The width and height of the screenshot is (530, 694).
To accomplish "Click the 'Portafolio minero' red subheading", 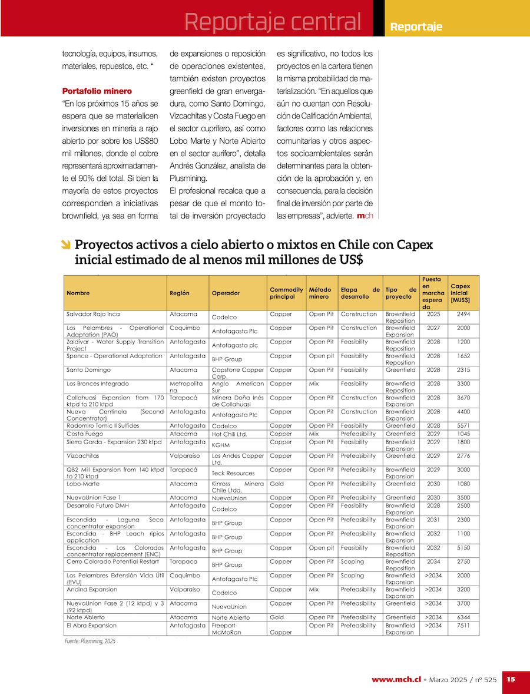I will [97, 91].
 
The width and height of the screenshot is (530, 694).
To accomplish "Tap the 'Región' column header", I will [179, 293].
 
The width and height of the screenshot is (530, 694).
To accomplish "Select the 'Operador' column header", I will [226, 293].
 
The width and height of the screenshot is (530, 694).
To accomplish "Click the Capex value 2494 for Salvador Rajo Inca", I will [463, 314].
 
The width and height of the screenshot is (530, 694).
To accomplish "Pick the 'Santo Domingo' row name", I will [88, 370].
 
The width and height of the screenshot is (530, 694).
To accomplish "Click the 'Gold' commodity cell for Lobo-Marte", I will [276, 484].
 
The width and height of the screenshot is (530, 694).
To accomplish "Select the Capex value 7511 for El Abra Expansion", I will [463, 626].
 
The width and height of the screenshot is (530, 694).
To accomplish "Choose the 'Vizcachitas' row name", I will [82, 456].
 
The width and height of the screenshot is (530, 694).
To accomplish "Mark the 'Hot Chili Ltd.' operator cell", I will [229, 434].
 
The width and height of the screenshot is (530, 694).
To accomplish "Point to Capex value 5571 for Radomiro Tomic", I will [463, 425].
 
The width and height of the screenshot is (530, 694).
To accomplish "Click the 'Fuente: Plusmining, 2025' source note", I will [90, 641].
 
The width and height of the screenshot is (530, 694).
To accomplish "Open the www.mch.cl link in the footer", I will [396, 679].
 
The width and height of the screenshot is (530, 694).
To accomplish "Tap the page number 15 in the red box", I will [511, 679].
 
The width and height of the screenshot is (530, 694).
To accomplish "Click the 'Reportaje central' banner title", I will [272, 22].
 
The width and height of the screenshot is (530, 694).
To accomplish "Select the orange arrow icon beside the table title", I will [66, 244].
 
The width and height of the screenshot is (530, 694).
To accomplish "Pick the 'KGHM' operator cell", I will [220, 445].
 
